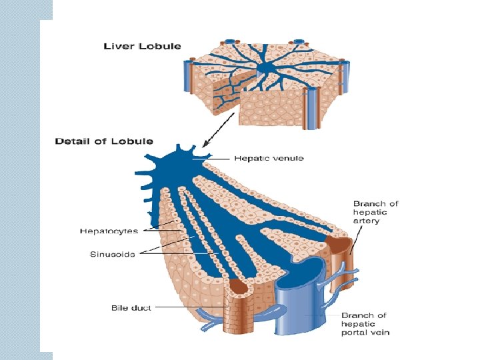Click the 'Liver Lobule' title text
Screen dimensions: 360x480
(x=142, y=46)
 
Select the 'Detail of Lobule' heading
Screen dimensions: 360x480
(x=103, y=141)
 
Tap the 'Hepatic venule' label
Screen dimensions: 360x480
(x=269, y=159)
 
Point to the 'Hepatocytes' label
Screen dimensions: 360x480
(x=109, y=231)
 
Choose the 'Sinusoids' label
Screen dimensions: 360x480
(x=112, y=254)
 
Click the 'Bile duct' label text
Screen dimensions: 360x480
(x=131, y=307)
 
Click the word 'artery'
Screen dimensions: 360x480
(x=367, y=221)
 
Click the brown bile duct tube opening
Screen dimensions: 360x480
(x=239, y=289)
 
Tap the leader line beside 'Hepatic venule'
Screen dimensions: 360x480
(x=220, y=159)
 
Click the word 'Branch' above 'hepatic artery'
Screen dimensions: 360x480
(x=367, y=203)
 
